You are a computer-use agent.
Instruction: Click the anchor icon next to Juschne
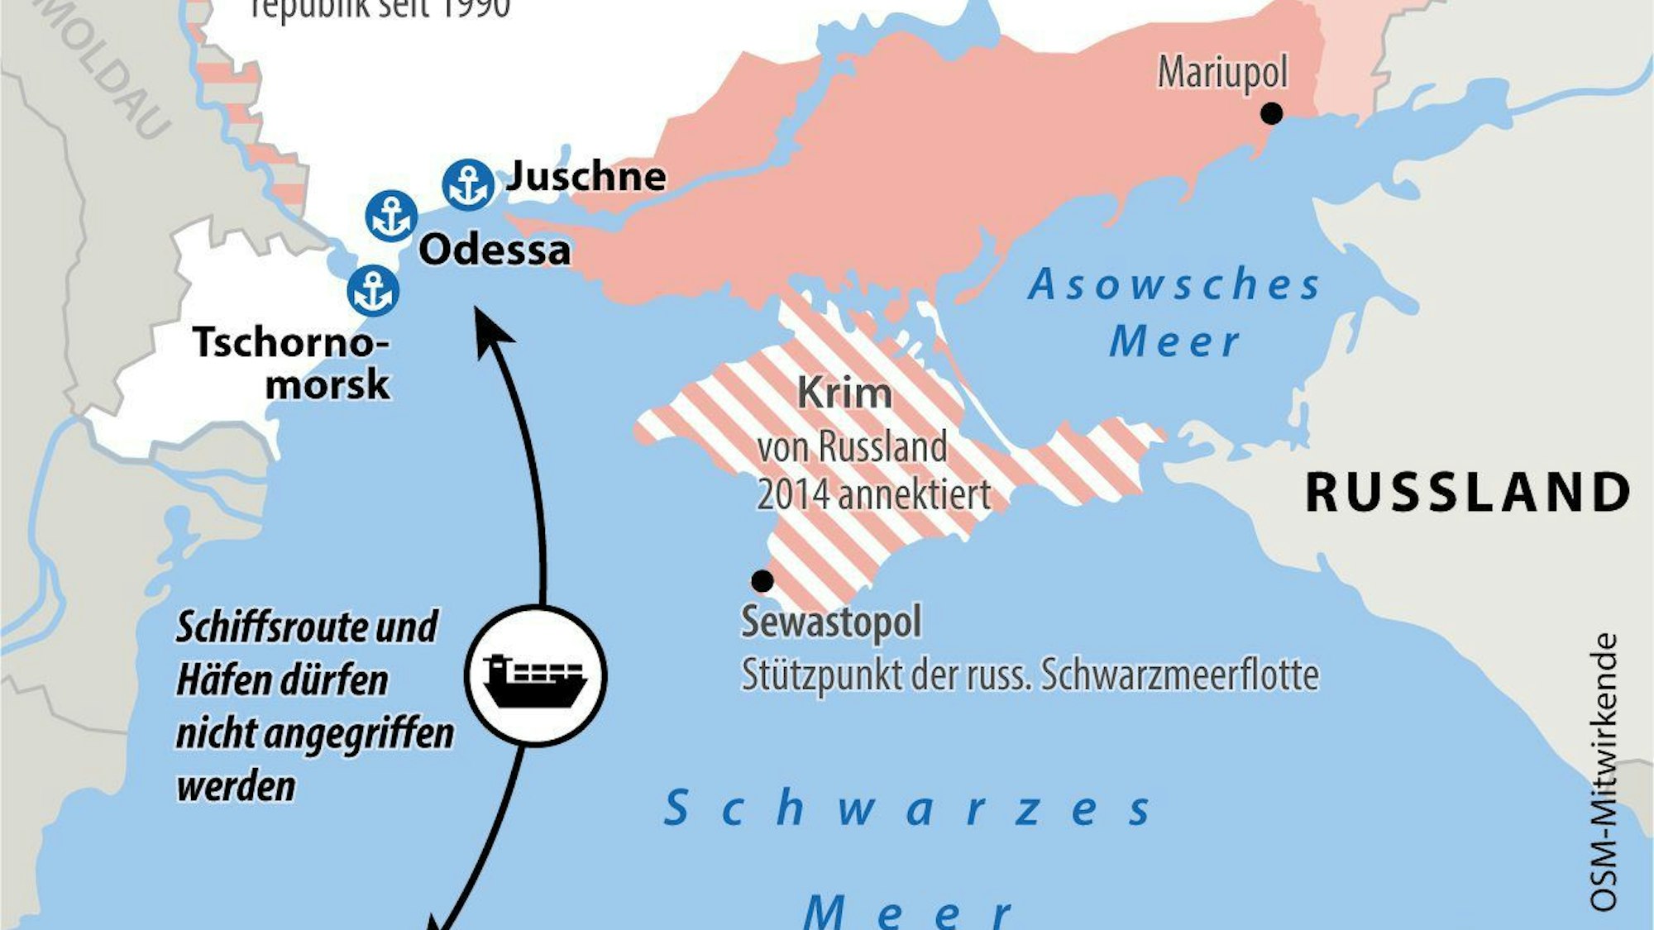coord(468,184)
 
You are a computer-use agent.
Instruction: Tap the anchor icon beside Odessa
coord(391,217)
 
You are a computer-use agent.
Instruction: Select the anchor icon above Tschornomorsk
coord(373,291)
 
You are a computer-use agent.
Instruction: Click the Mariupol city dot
coord(1271,113)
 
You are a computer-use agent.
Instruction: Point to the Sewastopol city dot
coord(762,581)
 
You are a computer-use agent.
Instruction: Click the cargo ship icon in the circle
coord(535,676)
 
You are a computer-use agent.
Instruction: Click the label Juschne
coord(586,176)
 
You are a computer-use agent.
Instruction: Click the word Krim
coord(844,393)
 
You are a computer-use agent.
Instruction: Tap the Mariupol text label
coord(1222,73)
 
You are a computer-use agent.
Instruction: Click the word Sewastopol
coord(831,622)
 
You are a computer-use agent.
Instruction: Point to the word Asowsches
coord(1174,285)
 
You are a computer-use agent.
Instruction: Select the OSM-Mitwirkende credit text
coord(1604,773)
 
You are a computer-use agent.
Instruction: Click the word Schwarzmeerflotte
coord(1179,675)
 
